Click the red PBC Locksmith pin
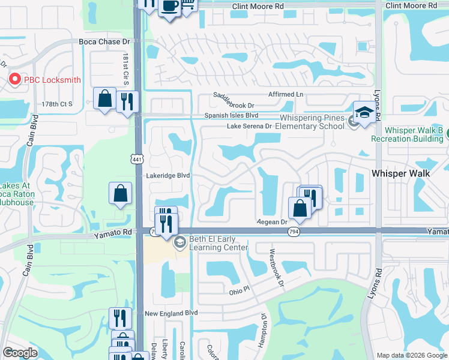[x=14, y=79]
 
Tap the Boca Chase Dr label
[x=104, y=42]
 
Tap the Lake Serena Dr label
[x=249, y=127]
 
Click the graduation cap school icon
[x=364, y=112]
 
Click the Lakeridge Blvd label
[x=168, y=176]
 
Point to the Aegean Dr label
[x=273, y=221]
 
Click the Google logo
[x=20, y=353]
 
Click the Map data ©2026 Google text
[x=411, y=355]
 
